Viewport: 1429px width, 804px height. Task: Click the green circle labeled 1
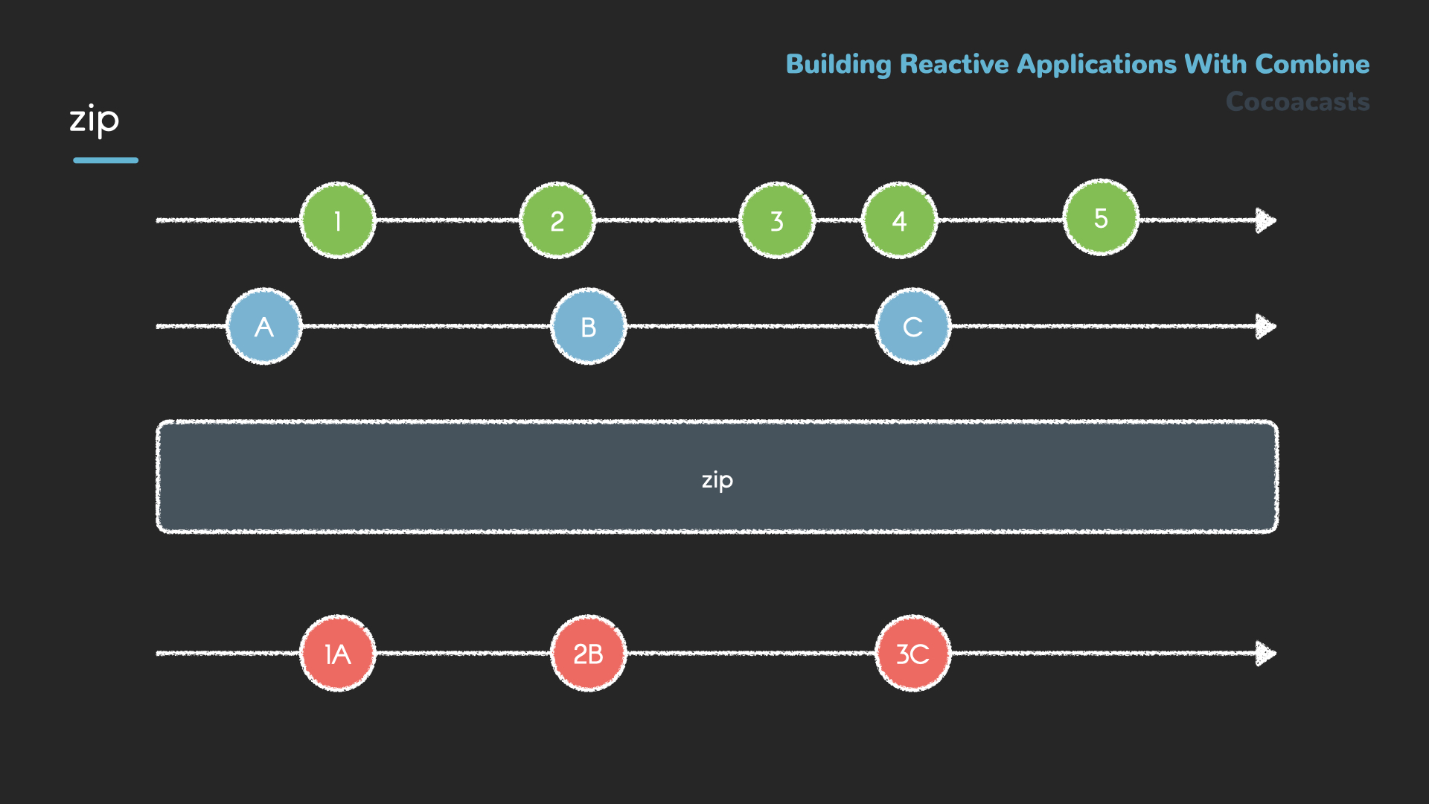(x=337, y=220)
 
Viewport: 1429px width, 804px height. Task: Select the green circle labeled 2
(x=557, y=220)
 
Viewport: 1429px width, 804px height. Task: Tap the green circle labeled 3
(x=776, y=220)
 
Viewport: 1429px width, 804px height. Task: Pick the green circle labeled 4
(x=899, y=220)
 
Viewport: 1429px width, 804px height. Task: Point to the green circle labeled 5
(x=1101, y=217)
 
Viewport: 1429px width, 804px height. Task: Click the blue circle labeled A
(x=263, y=326)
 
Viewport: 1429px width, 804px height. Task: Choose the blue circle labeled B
(x=588, y=326)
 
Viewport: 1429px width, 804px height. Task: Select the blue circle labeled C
(x=912, y=326)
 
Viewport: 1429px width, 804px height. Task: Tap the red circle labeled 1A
(x=337, y=654)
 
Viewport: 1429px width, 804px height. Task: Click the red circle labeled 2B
(x=588, y=654)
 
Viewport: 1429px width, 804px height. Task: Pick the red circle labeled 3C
(x=912, y=654)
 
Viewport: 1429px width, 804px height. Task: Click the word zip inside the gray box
(x=717, y=479)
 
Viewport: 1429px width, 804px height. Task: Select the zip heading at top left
(x=94, y=119)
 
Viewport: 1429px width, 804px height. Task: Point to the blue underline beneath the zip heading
(x=106, y=160)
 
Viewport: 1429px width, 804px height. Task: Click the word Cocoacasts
(x=1297, y=101)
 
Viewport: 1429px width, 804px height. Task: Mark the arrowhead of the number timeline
(x=1265, y=220)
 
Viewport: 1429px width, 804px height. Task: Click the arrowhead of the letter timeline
(x=1265, y=326)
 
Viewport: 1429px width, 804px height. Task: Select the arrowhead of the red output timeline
(x=1265, y=654)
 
